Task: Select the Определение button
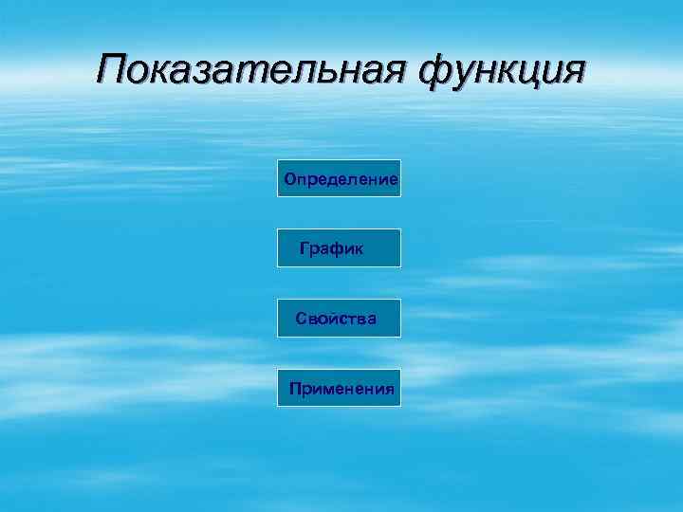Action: [x=339, y=178]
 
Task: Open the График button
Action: [x=339, y=248]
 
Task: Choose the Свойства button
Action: [x=339, y=319]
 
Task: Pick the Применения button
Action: [x=339, y=389]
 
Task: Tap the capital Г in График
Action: [x=304, y=248]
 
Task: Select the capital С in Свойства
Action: [x=301, y=319]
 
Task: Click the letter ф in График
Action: [x=337, y=249]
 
